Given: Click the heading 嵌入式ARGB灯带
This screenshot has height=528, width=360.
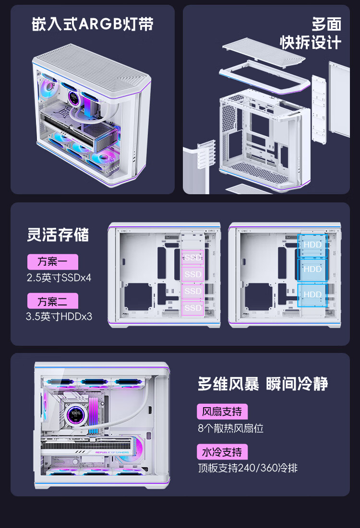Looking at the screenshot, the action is [x=92, y=24].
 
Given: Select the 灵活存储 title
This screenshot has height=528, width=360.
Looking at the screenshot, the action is [x=58, y=235].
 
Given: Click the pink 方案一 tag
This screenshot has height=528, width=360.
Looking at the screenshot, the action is [x=53, y=262].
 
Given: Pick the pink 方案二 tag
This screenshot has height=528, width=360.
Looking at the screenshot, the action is [x=53, y=301].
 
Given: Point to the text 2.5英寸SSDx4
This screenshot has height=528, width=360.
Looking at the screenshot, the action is [x=59, y=278].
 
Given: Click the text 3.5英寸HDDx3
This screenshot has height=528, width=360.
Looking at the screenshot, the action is [x=59, y=317].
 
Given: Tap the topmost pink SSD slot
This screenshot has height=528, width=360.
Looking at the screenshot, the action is [x=193, y=258].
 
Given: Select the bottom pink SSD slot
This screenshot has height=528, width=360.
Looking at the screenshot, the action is [x=193, y=308].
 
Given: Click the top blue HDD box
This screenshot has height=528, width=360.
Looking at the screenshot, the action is [x=312, y=245].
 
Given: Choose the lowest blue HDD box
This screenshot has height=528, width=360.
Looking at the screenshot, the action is [x=312, y=295].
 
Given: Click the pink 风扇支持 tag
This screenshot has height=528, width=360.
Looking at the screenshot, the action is [x=222, y=411].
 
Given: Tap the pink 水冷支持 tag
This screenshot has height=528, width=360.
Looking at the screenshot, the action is [x=222, y=452].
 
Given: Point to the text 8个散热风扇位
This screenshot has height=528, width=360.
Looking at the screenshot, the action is [x=230, y=428].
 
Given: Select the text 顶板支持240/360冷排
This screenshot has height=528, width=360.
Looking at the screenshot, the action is [x=248, y=468].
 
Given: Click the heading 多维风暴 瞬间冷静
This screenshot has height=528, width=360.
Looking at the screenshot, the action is [x=263, y=384].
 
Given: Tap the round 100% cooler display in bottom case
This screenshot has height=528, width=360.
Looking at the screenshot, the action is [x=76, y=414].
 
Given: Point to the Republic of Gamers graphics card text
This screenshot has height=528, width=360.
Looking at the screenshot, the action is [x=112, y=452].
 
